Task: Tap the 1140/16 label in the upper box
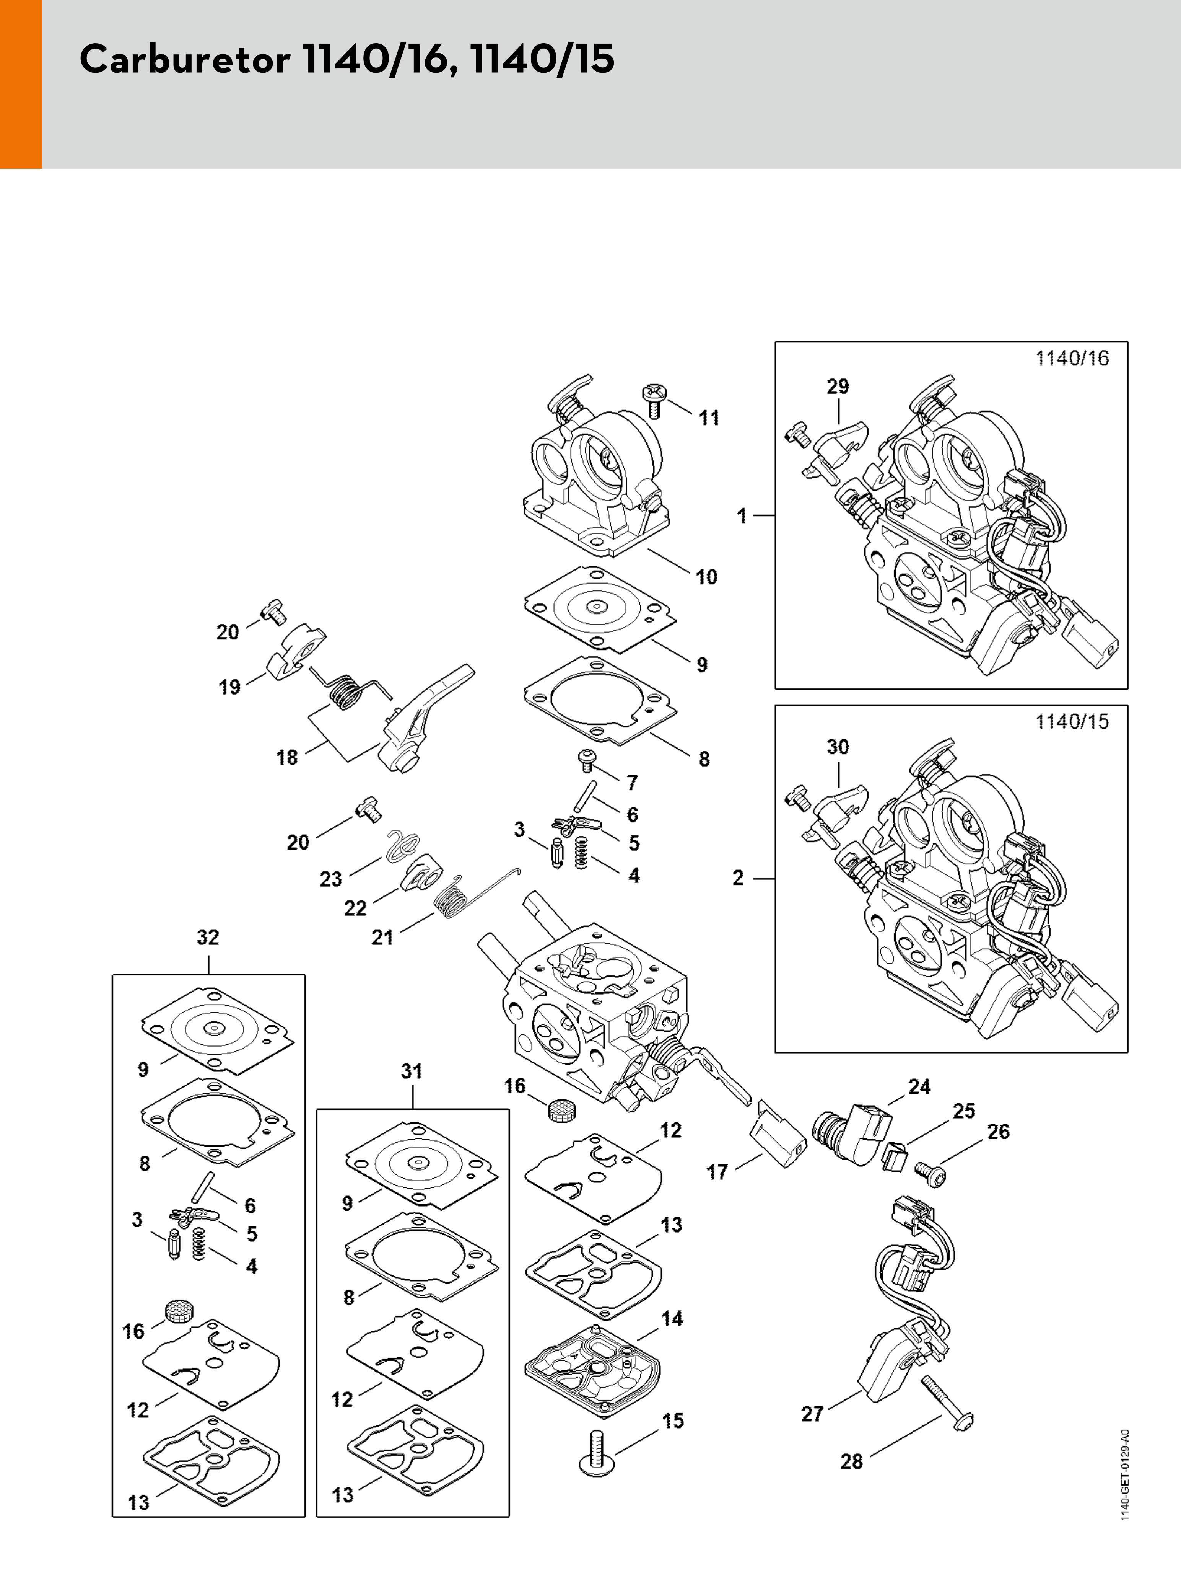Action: coord(1072,358)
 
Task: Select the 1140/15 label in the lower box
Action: coord(1072,722)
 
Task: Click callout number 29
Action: coord(838,386)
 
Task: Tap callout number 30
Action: coord(838,747)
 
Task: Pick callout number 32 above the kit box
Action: coord(208,937)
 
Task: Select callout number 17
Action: coord(717,1172)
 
